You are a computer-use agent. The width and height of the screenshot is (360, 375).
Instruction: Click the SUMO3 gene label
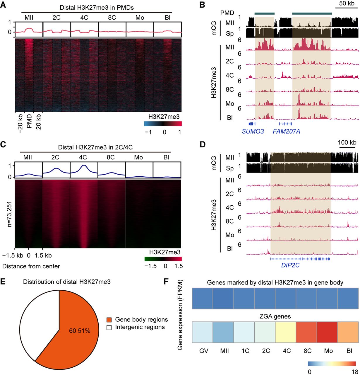click(x=253, y=132)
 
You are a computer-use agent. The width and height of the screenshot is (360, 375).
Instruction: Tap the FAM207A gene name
click(x=286, y=132)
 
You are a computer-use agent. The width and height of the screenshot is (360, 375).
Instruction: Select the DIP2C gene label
click(x=290, y=265)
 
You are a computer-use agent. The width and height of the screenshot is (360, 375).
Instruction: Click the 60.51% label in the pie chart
click(x=80, y=331)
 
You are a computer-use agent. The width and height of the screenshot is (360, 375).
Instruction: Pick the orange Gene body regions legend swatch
click(x=109, y=320)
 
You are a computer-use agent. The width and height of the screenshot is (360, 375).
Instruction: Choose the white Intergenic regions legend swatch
click(x=109, y=328)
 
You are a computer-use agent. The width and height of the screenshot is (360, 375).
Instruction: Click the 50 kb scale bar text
click(x=347, y=3)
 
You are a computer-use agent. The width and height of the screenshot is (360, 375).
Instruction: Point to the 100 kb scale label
click(x=347, y=142)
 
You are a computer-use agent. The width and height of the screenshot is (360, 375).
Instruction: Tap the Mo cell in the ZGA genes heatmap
click(x=327, y=332)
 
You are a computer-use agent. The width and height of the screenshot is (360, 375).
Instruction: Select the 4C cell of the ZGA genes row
click(x=285, y=332)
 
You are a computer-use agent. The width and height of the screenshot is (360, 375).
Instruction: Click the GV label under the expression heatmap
click(x=204, y=351)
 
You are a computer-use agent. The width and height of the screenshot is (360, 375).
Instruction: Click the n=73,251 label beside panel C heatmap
click(x=9, y=214)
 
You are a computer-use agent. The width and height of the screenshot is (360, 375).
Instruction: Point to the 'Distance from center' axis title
click(x=31, y=266)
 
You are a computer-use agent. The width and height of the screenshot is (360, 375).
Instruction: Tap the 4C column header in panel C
click(x=83, y=157)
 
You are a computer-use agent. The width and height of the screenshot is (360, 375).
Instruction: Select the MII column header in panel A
click(x=29, y=18)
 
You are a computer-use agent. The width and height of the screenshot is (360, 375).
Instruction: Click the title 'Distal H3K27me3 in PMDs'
click(x=97, y=8)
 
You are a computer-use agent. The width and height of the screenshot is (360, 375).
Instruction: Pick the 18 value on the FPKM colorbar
click(x=355, y=372)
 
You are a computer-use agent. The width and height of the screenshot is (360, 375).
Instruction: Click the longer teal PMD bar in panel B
click(x=312, y=13)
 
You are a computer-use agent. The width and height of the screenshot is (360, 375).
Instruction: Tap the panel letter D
click(x=203, y=144)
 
